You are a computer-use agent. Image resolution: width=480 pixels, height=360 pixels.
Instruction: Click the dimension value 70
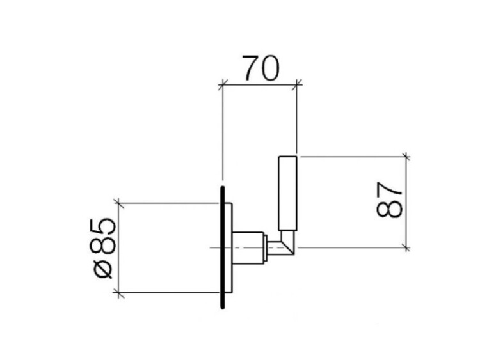tap(261, 68)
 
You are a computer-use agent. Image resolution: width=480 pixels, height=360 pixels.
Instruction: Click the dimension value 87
tap(389, 200)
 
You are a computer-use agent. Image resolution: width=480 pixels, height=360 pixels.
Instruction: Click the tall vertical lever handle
tap(287, 193)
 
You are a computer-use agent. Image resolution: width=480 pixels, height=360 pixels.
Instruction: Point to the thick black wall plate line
tap(223, 247)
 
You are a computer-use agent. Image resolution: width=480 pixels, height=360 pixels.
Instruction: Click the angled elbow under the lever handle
tap(288, 242)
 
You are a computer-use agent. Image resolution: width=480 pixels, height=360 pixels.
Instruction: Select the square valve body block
tap(248, 247)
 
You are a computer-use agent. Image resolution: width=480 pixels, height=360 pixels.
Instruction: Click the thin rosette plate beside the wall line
tap(228, 247)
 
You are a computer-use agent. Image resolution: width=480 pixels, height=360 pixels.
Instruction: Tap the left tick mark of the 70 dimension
tap(223, 84)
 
